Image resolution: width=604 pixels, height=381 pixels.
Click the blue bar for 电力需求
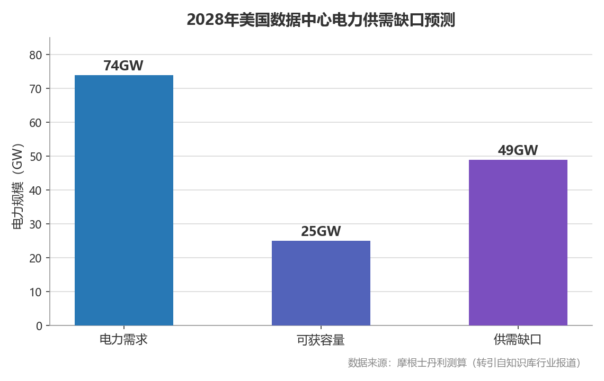pos(123,200)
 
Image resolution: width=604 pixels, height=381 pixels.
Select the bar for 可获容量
pos(321,283)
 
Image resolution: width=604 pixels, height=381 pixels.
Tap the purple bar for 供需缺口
pos(518,242)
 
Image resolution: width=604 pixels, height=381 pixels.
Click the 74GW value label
pos(123,66)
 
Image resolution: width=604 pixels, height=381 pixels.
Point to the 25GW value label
pos(321,231)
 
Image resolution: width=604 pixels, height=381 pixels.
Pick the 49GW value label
pos(518,150)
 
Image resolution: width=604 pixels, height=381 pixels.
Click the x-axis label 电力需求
pos(123,339)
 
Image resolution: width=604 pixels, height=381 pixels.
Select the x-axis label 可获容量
pos(321,340)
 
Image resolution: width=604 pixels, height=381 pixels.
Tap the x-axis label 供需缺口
pos(518,339)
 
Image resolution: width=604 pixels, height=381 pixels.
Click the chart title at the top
pos(321,20)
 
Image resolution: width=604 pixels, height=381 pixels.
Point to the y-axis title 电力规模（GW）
pos(18,186)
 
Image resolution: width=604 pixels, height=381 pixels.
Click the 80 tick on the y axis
pos(35,55)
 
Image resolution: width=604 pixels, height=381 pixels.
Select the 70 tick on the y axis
pos(35,89)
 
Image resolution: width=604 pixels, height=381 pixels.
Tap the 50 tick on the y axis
pos(35,157)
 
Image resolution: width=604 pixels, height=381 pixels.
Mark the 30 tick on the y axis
pos(35,224)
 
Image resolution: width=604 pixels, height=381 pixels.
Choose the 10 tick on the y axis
pos(35,292)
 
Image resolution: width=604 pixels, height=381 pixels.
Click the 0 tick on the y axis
pos(39,326)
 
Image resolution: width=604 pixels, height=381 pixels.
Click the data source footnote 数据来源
pos(464,362)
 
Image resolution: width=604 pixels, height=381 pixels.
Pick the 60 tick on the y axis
pos(35,123)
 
